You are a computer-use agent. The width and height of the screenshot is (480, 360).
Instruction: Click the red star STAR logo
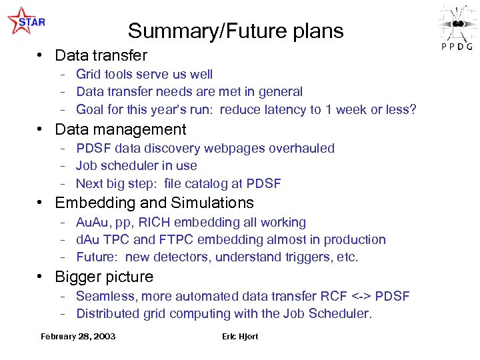(x=25, y=21)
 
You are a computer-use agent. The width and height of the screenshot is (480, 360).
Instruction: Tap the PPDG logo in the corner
(x=457, y=27)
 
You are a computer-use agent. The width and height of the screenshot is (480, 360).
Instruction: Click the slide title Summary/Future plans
(x=235, y=31)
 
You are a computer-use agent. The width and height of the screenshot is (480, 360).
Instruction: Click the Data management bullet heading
(x=120, y=129)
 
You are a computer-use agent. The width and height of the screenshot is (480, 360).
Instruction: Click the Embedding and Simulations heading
(x=154, y=203)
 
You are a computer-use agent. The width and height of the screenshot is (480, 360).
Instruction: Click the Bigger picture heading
(x=104, y=277)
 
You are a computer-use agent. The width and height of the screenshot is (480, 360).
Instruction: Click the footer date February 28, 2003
(x=78, y=337)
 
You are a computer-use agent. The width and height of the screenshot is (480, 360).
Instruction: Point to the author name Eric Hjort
(x=240, y=337)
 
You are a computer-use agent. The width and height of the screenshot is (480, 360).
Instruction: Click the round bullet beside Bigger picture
(x=41, y=277)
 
